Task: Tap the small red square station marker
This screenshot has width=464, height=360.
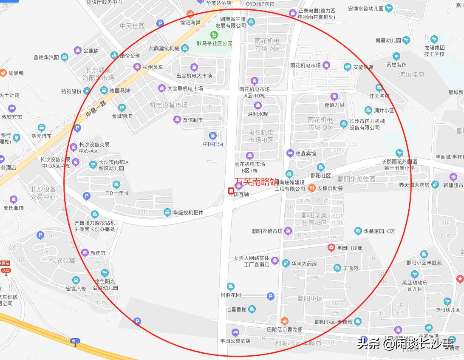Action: (231, 190)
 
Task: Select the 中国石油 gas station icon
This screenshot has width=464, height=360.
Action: (213, 136)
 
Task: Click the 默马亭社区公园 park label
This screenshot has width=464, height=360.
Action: (215, 43)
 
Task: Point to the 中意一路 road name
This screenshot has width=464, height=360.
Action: (96, 109)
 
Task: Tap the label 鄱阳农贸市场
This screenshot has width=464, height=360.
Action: (267, 231)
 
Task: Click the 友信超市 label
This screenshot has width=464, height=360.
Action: (192, 120)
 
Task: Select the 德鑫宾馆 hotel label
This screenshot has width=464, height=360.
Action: (306, 153)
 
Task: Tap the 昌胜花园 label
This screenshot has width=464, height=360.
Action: (230, 295)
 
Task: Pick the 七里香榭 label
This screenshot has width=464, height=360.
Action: (236, 309)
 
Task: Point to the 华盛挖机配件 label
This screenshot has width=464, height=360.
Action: (188, 213)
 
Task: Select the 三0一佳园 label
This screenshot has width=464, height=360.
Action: (116, 193)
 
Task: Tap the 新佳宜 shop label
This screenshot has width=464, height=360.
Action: (98, 253)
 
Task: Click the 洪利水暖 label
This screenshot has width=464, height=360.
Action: (257, 114)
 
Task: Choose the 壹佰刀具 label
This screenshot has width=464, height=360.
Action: (334, 105)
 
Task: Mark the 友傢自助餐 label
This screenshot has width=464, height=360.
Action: (330, 188)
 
